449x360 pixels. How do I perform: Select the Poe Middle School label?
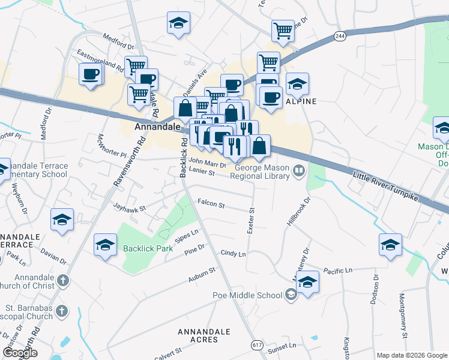[x=247, y=295]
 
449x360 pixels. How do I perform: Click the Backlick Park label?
[x=148, y=248]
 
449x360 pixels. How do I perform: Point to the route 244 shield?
[x=340, y=37]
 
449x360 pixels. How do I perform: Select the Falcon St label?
[x=211, y=205]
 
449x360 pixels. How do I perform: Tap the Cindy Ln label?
[x=234, y=254]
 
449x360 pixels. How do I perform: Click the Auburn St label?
[x=201, y=275]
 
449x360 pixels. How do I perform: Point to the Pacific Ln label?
[x=337, y=271]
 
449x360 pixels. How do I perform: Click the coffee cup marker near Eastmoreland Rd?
[x=91, y=74]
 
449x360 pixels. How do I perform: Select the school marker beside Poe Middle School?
[x=307, y=281]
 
